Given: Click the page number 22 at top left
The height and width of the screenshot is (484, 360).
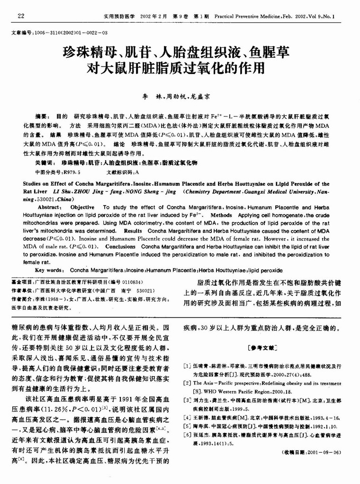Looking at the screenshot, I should [x=21, y=16].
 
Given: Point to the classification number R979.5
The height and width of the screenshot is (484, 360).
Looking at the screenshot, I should [x=70, y=172].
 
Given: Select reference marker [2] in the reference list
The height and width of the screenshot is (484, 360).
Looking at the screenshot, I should [x=187, y=383].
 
